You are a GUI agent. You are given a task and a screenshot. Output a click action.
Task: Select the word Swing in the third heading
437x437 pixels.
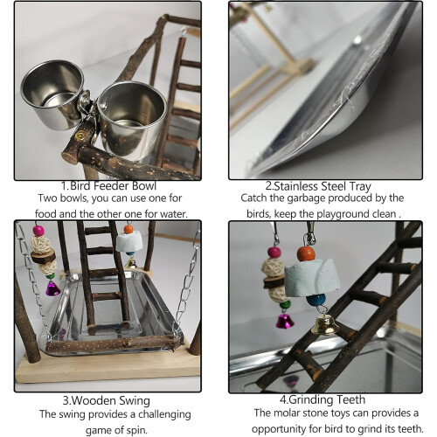pyautogui.click(x=135, y=401)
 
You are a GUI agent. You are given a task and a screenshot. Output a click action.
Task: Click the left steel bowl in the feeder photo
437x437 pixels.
pyautogui.click(x=52, y=94)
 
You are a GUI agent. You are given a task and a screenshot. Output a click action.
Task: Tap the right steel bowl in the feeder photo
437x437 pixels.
pyautogui.click(x=131, y=120)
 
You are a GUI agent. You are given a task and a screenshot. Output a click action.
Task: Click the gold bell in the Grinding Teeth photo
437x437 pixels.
pyautogui.click(x=325, y=324)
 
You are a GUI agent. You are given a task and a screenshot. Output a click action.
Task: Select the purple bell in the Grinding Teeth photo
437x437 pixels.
pyautogui.click(x=285, y=321)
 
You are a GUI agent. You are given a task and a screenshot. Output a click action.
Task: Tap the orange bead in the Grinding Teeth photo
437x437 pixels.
pyautogui.click(x=306, y=253)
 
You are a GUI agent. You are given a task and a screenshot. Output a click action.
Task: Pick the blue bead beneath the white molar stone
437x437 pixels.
pyautogui.click(x=316, y=300)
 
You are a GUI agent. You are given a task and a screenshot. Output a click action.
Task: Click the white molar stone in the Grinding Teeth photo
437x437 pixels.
pyautogui.click(x=312, y=275)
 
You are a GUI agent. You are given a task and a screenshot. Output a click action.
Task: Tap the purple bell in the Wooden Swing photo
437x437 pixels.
pyautogui.click(x=52, y=288)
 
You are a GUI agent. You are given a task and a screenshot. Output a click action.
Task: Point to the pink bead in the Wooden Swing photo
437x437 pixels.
pyautogui.click(x=38, y=231)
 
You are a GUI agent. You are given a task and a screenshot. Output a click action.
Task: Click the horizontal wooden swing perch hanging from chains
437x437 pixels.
pyautogui.click(x=112, y=344)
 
